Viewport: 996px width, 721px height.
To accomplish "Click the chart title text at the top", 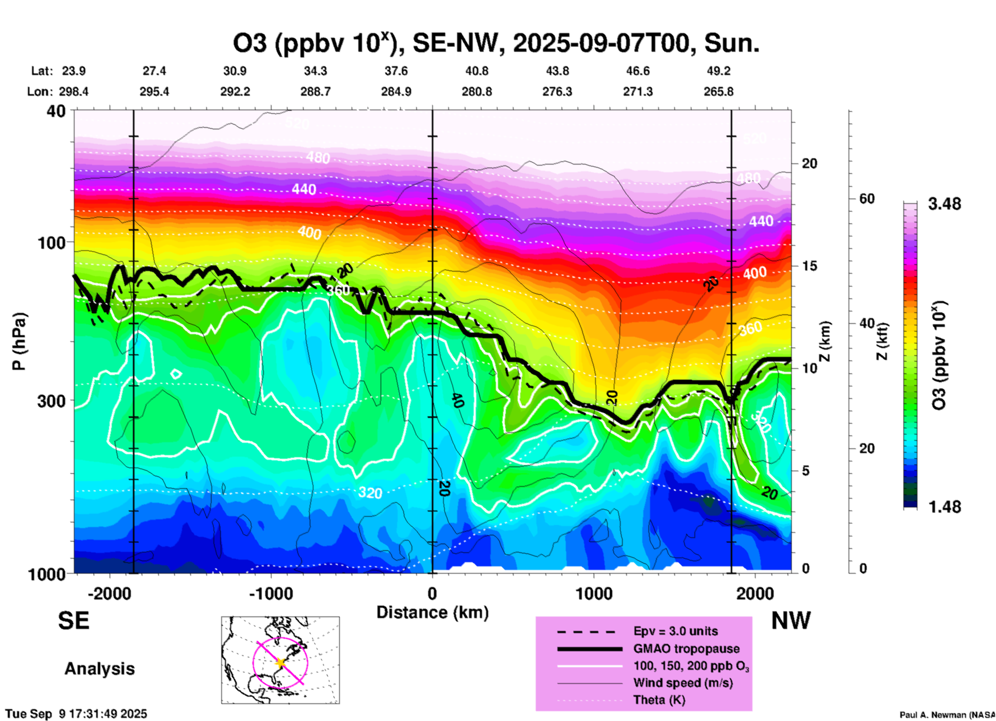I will pyautogui.click(x=496, y=43).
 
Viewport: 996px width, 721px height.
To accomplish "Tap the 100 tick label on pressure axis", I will pyautogui.click(x=52, y=243).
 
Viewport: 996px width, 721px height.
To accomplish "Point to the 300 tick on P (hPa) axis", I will pyautogui.click(x=52, y=401).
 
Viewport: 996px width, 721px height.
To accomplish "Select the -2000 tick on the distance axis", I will pyautogui.click(x=110, y=594).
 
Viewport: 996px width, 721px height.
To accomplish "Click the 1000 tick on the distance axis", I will pyautogui.click(x=594, y=594).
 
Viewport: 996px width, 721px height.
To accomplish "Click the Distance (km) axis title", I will pyautogui.click(x=432, y=612).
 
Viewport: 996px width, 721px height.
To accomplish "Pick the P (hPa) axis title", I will pyautogui.click(x=19, y=341).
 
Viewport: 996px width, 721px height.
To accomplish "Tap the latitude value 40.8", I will pyautogui.click(x=476, y=71).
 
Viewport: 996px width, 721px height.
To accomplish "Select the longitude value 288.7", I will pyautogui.click(x=315, y=92).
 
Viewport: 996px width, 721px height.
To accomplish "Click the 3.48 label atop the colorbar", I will pyautogui.click(x=944, y=204).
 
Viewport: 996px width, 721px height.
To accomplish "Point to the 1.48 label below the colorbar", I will pyautogui.click(x=944, y=507).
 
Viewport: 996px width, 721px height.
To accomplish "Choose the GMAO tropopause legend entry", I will pyautogui.click(x=686, y=649).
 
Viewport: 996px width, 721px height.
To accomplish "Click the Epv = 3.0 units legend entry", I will pyautogui.click(x=675, y=632).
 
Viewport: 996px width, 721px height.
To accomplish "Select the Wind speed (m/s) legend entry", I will pyautogui.click(x=683, y=683).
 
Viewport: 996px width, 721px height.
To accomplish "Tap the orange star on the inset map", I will pyautogui.click(x=280, y=663).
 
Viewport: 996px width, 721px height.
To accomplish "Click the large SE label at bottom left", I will pyautogui.click(x=73, y=621).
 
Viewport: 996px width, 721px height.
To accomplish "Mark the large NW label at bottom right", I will pyautogui.click(x=791, y=621).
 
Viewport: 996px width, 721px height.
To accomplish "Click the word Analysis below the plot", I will pyautogui.click(x=99, y=669).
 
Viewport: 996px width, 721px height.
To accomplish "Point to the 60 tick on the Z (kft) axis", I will pyautogui.click(x=867, y=199).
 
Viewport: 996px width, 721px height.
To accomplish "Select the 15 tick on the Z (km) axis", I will pyautogui.click(x=809, y=266).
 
